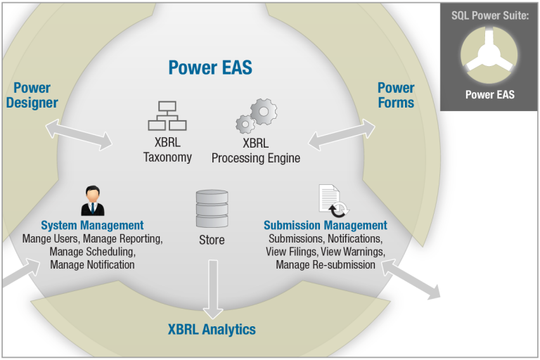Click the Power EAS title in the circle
(x=210, y=67)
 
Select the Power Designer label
(x=32, y=96)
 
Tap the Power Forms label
(x=396, y=96)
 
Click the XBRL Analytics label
(x=212, y=329)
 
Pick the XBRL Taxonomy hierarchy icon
(x=167, y=116)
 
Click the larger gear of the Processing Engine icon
(x=264, y=112)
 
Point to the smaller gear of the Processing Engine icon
(x=245, y=124)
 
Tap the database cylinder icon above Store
(x=212, y=208)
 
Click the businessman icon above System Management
(x=93, y=201)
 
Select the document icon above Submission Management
(x=333, y=201)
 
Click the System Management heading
(x=92, y=225)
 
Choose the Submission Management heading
(x=326, y=225)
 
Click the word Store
(x=212, y=240)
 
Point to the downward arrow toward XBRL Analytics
(x=213, y=290)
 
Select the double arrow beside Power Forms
(x=342, y=135)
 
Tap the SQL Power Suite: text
(x=490, y=15)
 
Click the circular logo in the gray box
(x=489, y=55)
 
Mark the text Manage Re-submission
(x=326, y=264)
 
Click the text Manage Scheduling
(x=92, y=252)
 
